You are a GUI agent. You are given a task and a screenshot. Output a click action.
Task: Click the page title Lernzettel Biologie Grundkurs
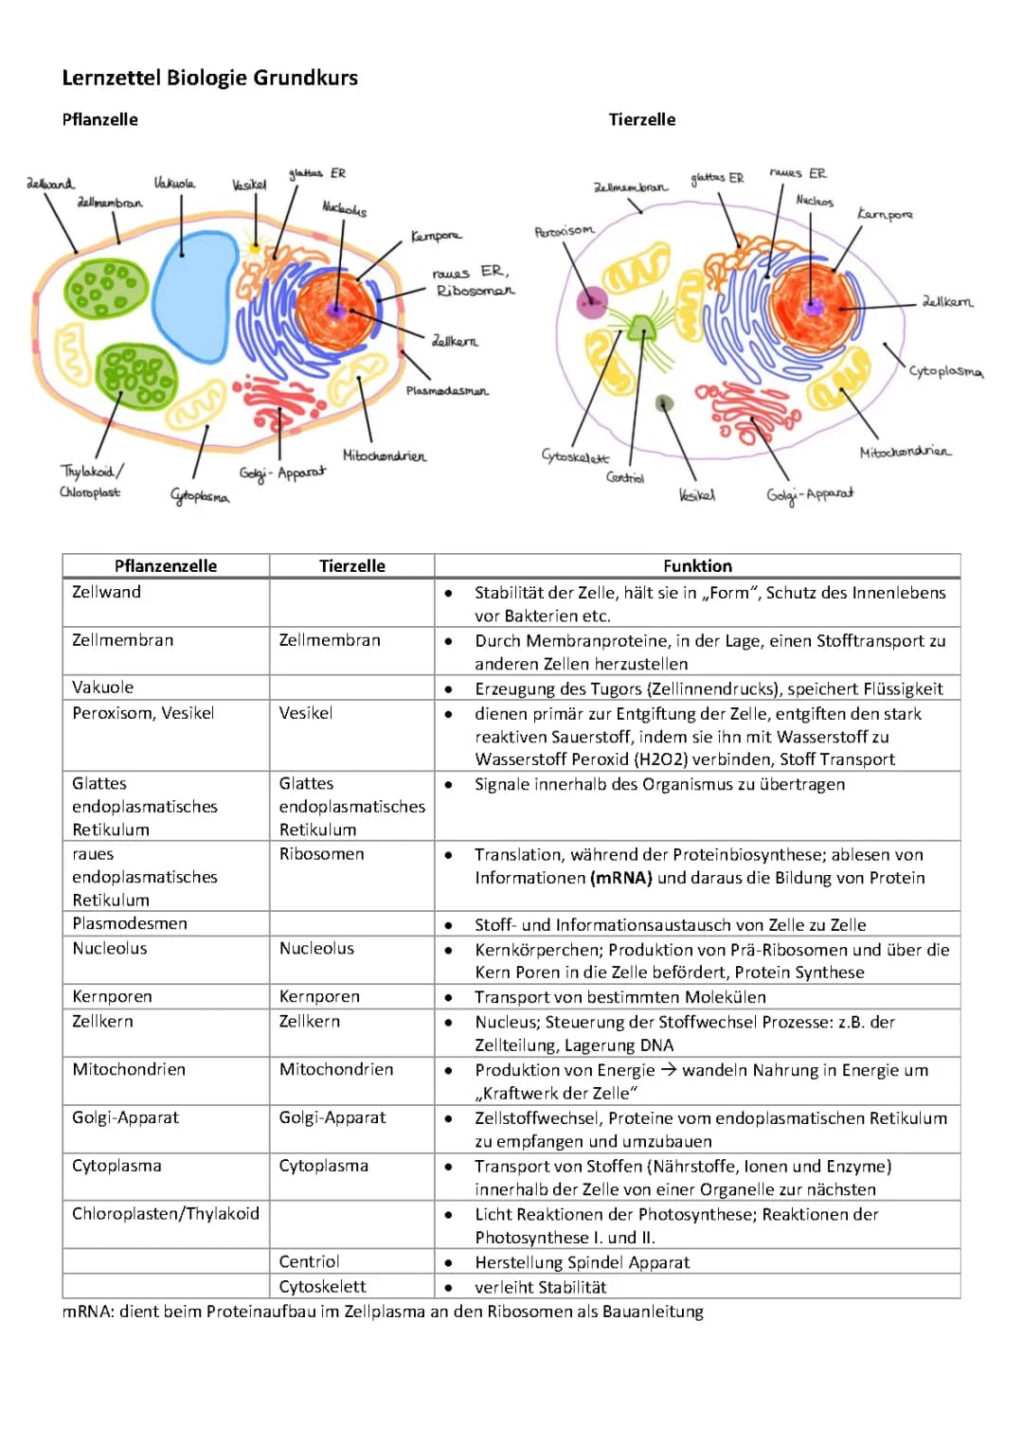coord(209,78)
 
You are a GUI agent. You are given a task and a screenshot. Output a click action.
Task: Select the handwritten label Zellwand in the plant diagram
coord(50,183)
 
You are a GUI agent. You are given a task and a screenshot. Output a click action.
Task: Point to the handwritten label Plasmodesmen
coord(447,390)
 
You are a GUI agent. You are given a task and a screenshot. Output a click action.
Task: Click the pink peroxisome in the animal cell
coord(592,302)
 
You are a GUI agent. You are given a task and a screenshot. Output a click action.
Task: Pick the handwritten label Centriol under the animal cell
coord(625,477)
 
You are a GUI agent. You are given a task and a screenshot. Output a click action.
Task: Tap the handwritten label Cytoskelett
coord(575,456)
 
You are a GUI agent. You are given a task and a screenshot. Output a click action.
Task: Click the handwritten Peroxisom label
coord(565,230)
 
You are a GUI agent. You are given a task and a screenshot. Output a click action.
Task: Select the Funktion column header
coord(697,566)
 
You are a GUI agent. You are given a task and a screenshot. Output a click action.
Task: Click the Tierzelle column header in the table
coord(351,566)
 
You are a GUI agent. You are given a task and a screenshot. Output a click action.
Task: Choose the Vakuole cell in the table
coord(103,687)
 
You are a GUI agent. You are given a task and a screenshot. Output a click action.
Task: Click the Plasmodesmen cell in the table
coord(130,923)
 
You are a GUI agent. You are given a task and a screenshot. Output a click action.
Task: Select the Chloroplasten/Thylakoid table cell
coord(166,1214)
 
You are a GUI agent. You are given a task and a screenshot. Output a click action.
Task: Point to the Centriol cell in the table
coord(309,1261)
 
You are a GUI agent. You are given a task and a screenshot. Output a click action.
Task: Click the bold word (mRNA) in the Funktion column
coord(621,878)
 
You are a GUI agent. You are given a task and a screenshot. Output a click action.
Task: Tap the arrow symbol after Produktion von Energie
coord(669,1070)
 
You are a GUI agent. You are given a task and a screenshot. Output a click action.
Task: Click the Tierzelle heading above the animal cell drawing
coord(641,119)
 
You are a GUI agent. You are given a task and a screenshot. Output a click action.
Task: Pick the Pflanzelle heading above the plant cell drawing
coord(99,119)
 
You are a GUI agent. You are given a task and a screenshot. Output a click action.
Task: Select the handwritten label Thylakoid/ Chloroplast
coord(91,481)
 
